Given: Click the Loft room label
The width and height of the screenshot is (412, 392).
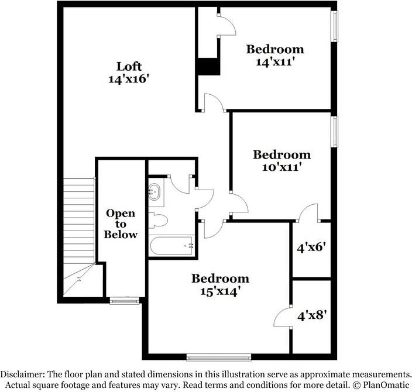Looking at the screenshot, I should (x=129, y=66).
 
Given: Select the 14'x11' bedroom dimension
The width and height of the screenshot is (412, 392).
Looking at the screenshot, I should (x=274, y=61).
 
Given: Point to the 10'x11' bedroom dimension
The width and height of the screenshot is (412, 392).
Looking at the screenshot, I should (x=281, y=167).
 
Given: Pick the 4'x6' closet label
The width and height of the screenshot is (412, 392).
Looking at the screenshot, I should (x=311, y=247).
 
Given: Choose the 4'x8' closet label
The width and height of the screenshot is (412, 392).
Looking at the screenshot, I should (x=312, y=316).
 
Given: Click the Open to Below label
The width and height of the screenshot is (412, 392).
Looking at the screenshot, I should (x=121, y=224).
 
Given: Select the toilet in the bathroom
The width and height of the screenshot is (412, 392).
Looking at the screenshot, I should (x=159, y=221).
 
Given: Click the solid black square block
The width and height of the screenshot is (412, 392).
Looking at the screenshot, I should (x=208, y=66).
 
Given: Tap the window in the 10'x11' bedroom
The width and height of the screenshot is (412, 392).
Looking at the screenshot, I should (x=335, y=132).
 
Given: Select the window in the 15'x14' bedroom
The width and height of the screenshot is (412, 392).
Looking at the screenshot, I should (x=218, y=356).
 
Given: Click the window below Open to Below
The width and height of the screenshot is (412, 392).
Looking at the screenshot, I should (x=124, y=301).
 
